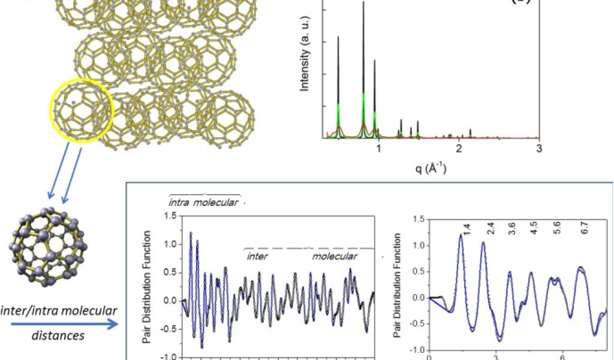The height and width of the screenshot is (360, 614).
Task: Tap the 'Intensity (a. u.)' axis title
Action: (x=305, y=69)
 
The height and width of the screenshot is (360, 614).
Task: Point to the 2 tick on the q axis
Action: (x=459, y=149)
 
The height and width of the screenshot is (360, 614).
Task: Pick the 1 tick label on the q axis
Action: (x=378, y=149)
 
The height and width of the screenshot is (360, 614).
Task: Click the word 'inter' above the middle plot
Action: (x=258, y=256)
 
